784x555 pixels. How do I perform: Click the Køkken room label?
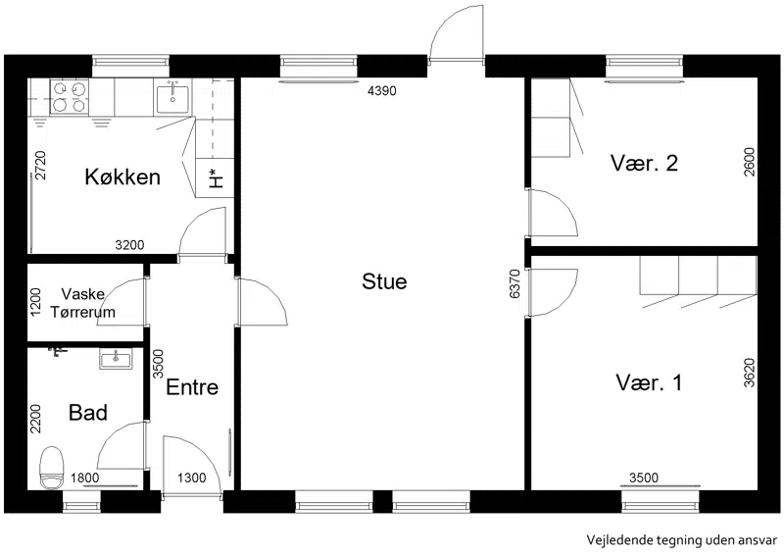click(122, 177)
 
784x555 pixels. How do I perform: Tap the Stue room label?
click(384, 281)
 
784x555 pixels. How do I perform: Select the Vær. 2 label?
click(644, 163)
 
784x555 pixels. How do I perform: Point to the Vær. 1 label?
click(649, 382)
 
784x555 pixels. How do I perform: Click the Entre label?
click(192, 387)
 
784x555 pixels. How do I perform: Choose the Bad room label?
click(88, 413)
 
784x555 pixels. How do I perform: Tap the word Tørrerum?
click(82, 312)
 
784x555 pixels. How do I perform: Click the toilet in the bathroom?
click(52, 468)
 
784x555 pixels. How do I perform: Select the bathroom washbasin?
click(116, 359)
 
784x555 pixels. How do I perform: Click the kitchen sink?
click(172, 99)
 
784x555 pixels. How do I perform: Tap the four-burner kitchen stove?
click(69, 97)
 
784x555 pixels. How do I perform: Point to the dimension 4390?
click(381, 91)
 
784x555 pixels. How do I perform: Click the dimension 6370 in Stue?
click(515, 283)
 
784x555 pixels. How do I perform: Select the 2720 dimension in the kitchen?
click(40, 165)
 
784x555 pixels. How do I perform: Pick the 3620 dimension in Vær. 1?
click(749, 373)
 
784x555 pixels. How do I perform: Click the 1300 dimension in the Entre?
click(191, 478)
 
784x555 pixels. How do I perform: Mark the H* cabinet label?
click(216, 178)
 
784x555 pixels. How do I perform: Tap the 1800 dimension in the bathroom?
click(84, 478)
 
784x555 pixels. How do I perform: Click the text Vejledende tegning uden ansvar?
click(681, 540)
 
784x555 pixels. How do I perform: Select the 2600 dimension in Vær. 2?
click(749, 162)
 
